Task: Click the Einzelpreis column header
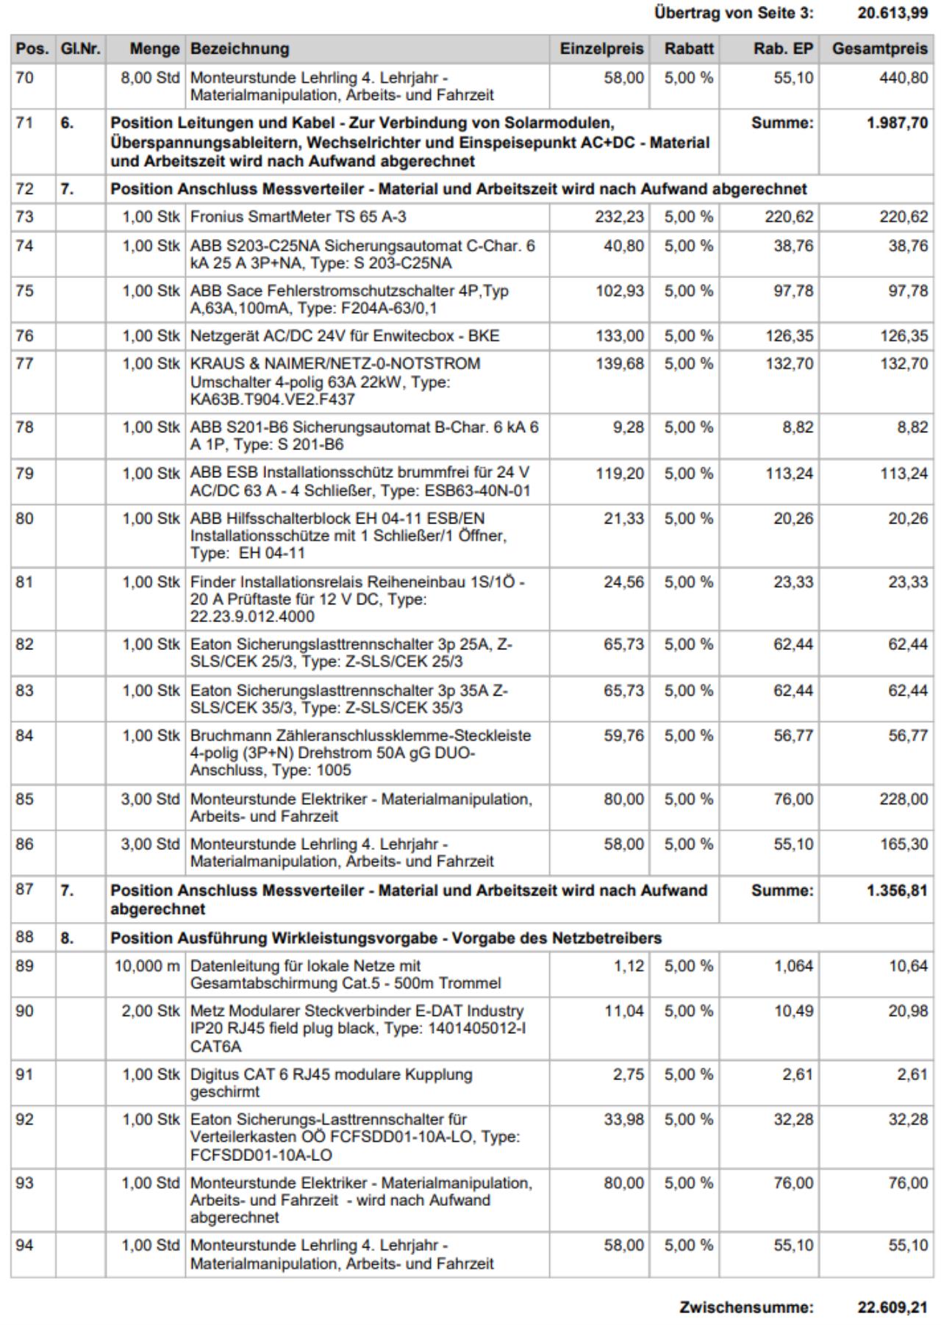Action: tap(601, 49)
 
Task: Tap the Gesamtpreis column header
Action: tap(879, 49)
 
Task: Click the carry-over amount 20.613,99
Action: tap(892, 12)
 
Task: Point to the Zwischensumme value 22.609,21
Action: tap(892, 1308)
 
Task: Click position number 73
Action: tap(25, 216)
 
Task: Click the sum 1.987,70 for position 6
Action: tap(897, 123)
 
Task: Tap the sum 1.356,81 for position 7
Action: tap(897, 890)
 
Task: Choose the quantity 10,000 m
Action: tap(146, 965)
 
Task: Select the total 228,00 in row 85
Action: tap(904, 799)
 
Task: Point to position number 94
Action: tap(25, 1246)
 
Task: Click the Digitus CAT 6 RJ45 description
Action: tap(331, 1083)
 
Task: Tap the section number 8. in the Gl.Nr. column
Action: tap(67, 938)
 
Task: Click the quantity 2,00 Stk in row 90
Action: tap(150, 1011)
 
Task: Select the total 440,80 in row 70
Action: tap(904, 77)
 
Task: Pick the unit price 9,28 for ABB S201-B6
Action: tap(628, 427)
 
